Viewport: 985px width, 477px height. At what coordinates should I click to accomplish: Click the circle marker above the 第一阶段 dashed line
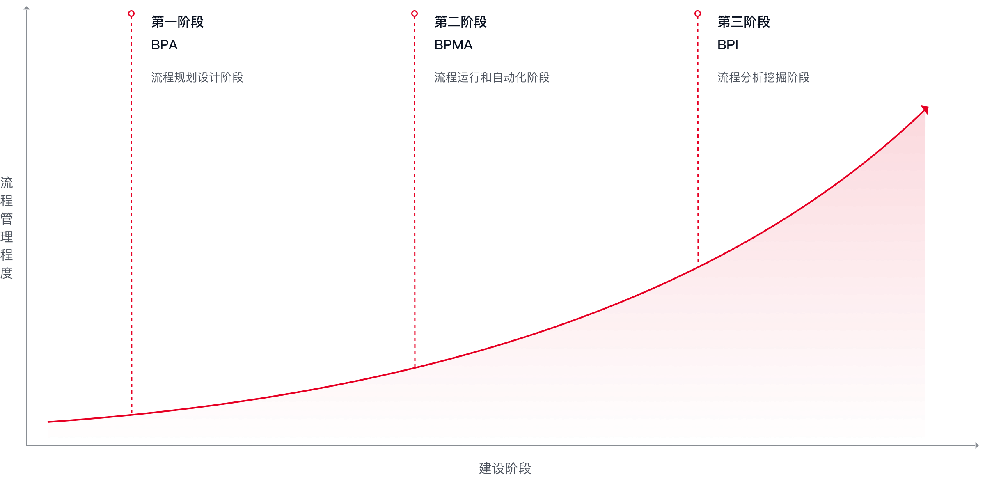[x=131, y=14]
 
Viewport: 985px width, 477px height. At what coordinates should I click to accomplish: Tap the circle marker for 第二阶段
[x=415, y=14]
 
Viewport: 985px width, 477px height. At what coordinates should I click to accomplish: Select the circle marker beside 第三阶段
[x=698, y=14]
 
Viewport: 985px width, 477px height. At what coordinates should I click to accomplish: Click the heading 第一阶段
[x=177, y=22]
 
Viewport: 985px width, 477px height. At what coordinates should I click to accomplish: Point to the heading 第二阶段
[x=460, y=22]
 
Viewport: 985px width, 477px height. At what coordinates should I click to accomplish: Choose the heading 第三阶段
[x=744, y=22]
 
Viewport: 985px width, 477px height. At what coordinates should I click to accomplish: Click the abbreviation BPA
[x=164, y=45]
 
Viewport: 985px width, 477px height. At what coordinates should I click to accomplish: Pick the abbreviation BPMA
[x=454, y=45]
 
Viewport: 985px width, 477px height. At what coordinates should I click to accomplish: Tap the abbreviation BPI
[x=728, y=45]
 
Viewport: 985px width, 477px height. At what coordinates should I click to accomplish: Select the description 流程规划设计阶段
[x=197, y=77]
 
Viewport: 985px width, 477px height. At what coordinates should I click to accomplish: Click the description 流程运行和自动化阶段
[x=492, y=77]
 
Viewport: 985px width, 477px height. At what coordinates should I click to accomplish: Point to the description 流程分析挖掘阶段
[x=764, y=77]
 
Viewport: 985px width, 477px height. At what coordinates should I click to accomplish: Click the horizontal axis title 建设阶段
[x=505, y=468]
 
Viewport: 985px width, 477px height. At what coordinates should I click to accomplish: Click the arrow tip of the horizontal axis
[x=978, y=445]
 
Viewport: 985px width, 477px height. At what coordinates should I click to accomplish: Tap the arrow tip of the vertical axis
[x=27, y=8]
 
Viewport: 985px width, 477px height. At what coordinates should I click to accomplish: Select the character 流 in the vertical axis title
[x=7, y=183]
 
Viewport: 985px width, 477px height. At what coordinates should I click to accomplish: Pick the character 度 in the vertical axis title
[x=7, y=273]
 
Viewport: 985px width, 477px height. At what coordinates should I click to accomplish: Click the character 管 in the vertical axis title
[x=7, y=219]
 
